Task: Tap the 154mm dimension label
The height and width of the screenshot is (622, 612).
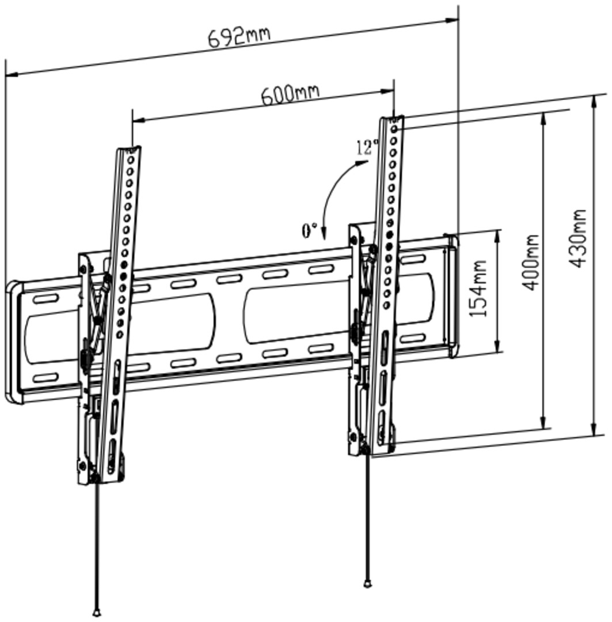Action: [477, 287]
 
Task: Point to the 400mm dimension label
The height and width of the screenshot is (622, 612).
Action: [530, 262]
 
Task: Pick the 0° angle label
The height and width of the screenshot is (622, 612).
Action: [309, 230]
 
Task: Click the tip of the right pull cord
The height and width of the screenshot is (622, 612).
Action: [367, 583]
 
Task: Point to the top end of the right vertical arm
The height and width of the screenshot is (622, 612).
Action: [393, 119]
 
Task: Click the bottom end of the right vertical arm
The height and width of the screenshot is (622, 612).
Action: [366, 450]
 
